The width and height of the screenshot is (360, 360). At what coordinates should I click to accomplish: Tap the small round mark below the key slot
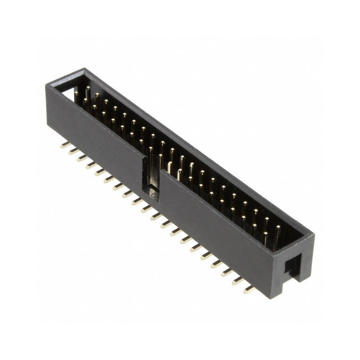click(153, 195)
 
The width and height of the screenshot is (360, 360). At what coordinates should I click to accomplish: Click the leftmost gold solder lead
click(64, 145)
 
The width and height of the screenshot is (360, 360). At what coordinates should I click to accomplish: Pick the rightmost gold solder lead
click(249, 290)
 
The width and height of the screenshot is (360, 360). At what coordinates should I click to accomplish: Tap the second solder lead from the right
click(238, 281)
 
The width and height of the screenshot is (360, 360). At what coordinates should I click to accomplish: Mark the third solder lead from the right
click(227, 272)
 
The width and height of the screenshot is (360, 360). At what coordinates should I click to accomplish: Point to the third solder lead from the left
click(82, 158)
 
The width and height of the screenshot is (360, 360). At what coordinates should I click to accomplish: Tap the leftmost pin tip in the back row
click(88, 88)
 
